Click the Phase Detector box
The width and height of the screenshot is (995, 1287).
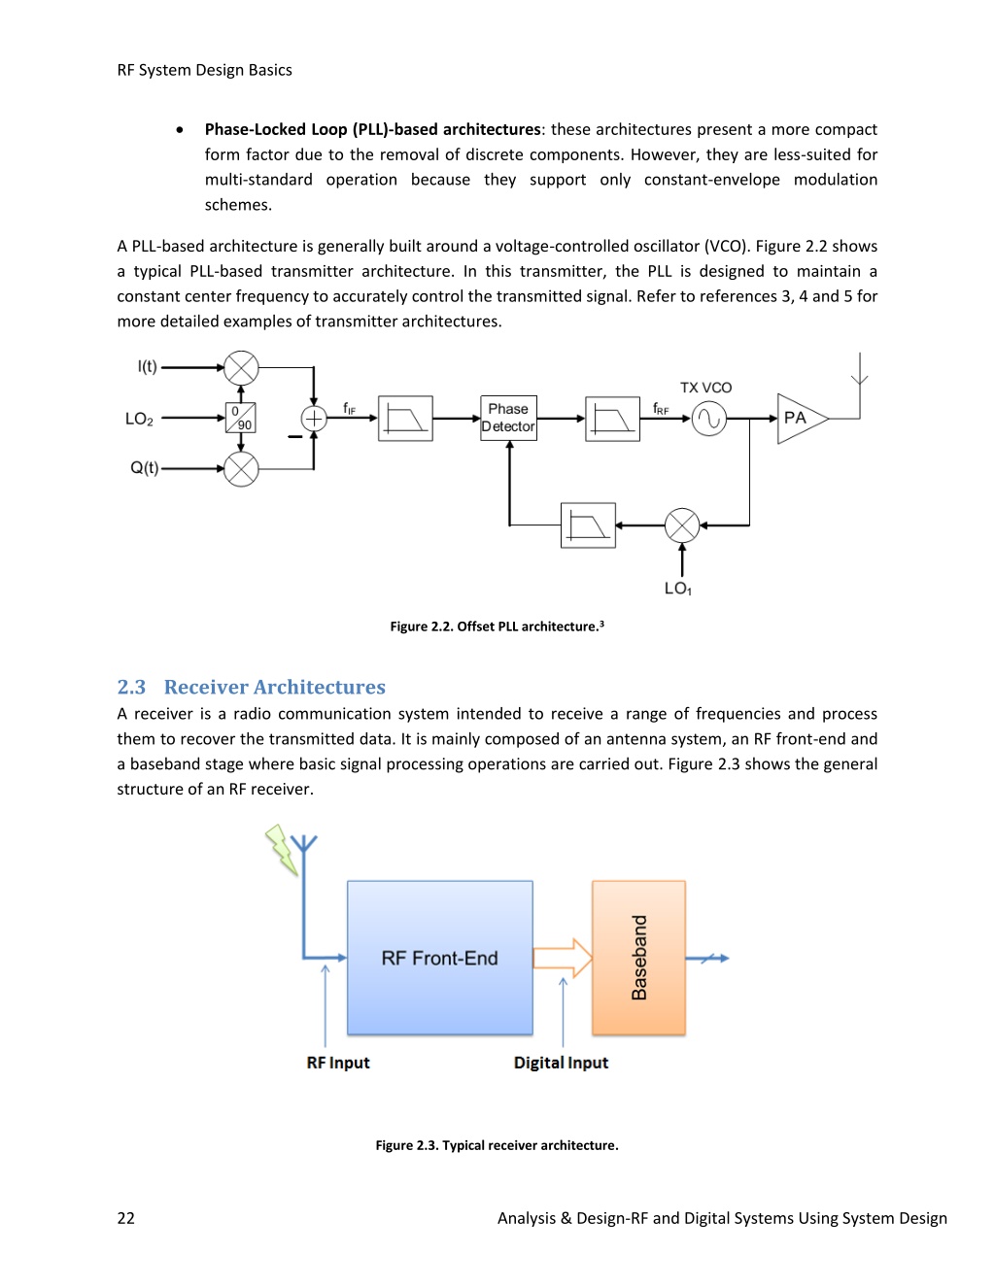coord(508,418)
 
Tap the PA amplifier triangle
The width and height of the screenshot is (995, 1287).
coord(802,418)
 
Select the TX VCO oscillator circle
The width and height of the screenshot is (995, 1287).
coord(709,419)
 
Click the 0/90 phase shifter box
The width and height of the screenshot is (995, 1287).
coord(240,418)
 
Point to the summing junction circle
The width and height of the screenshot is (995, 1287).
coord(313,418)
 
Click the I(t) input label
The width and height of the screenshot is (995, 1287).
coord(148,366)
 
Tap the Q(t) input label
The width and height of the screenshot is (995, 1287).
coord(144,468)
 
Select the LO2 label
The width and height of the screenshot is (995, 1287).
coord(139,419)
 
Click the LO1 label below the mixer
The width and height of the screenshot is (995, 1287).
coord(678,588)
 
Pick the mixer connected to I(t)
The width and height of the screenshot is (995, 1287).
coord(241,368)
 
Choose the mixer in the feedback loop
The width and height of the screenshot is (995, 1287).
coord(682,525)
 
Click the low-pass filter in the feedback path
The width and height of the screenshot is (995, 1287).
coord(588,525)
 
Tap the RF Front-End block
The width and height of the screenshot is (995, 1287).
coord(440,958)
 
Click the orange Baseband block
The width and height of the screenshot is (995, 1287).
coord(639,958)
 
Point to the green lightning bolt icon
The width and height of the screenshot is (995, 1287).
coord(282,850)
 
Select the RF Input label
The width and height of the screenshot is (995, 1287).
coord(338,1063)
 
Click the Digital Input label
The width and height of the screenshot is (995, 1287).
coord(561,1063)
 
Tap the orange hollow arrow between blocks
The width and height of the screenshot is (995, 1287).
coord(563,958)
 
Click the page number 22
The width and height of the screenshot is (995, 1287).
coord(126,1218)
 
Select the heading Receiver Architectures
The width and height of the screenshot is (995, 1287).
coord(275,687)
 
